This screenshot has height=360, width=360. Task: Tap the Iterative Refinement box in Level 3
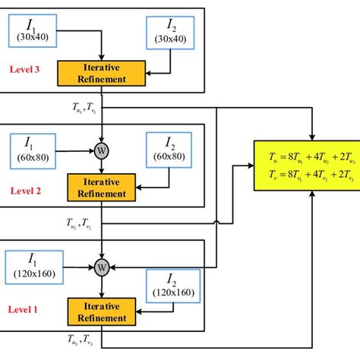click(102, 72)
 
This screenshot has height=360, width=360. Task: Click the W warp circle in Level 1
click(101, 266)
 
